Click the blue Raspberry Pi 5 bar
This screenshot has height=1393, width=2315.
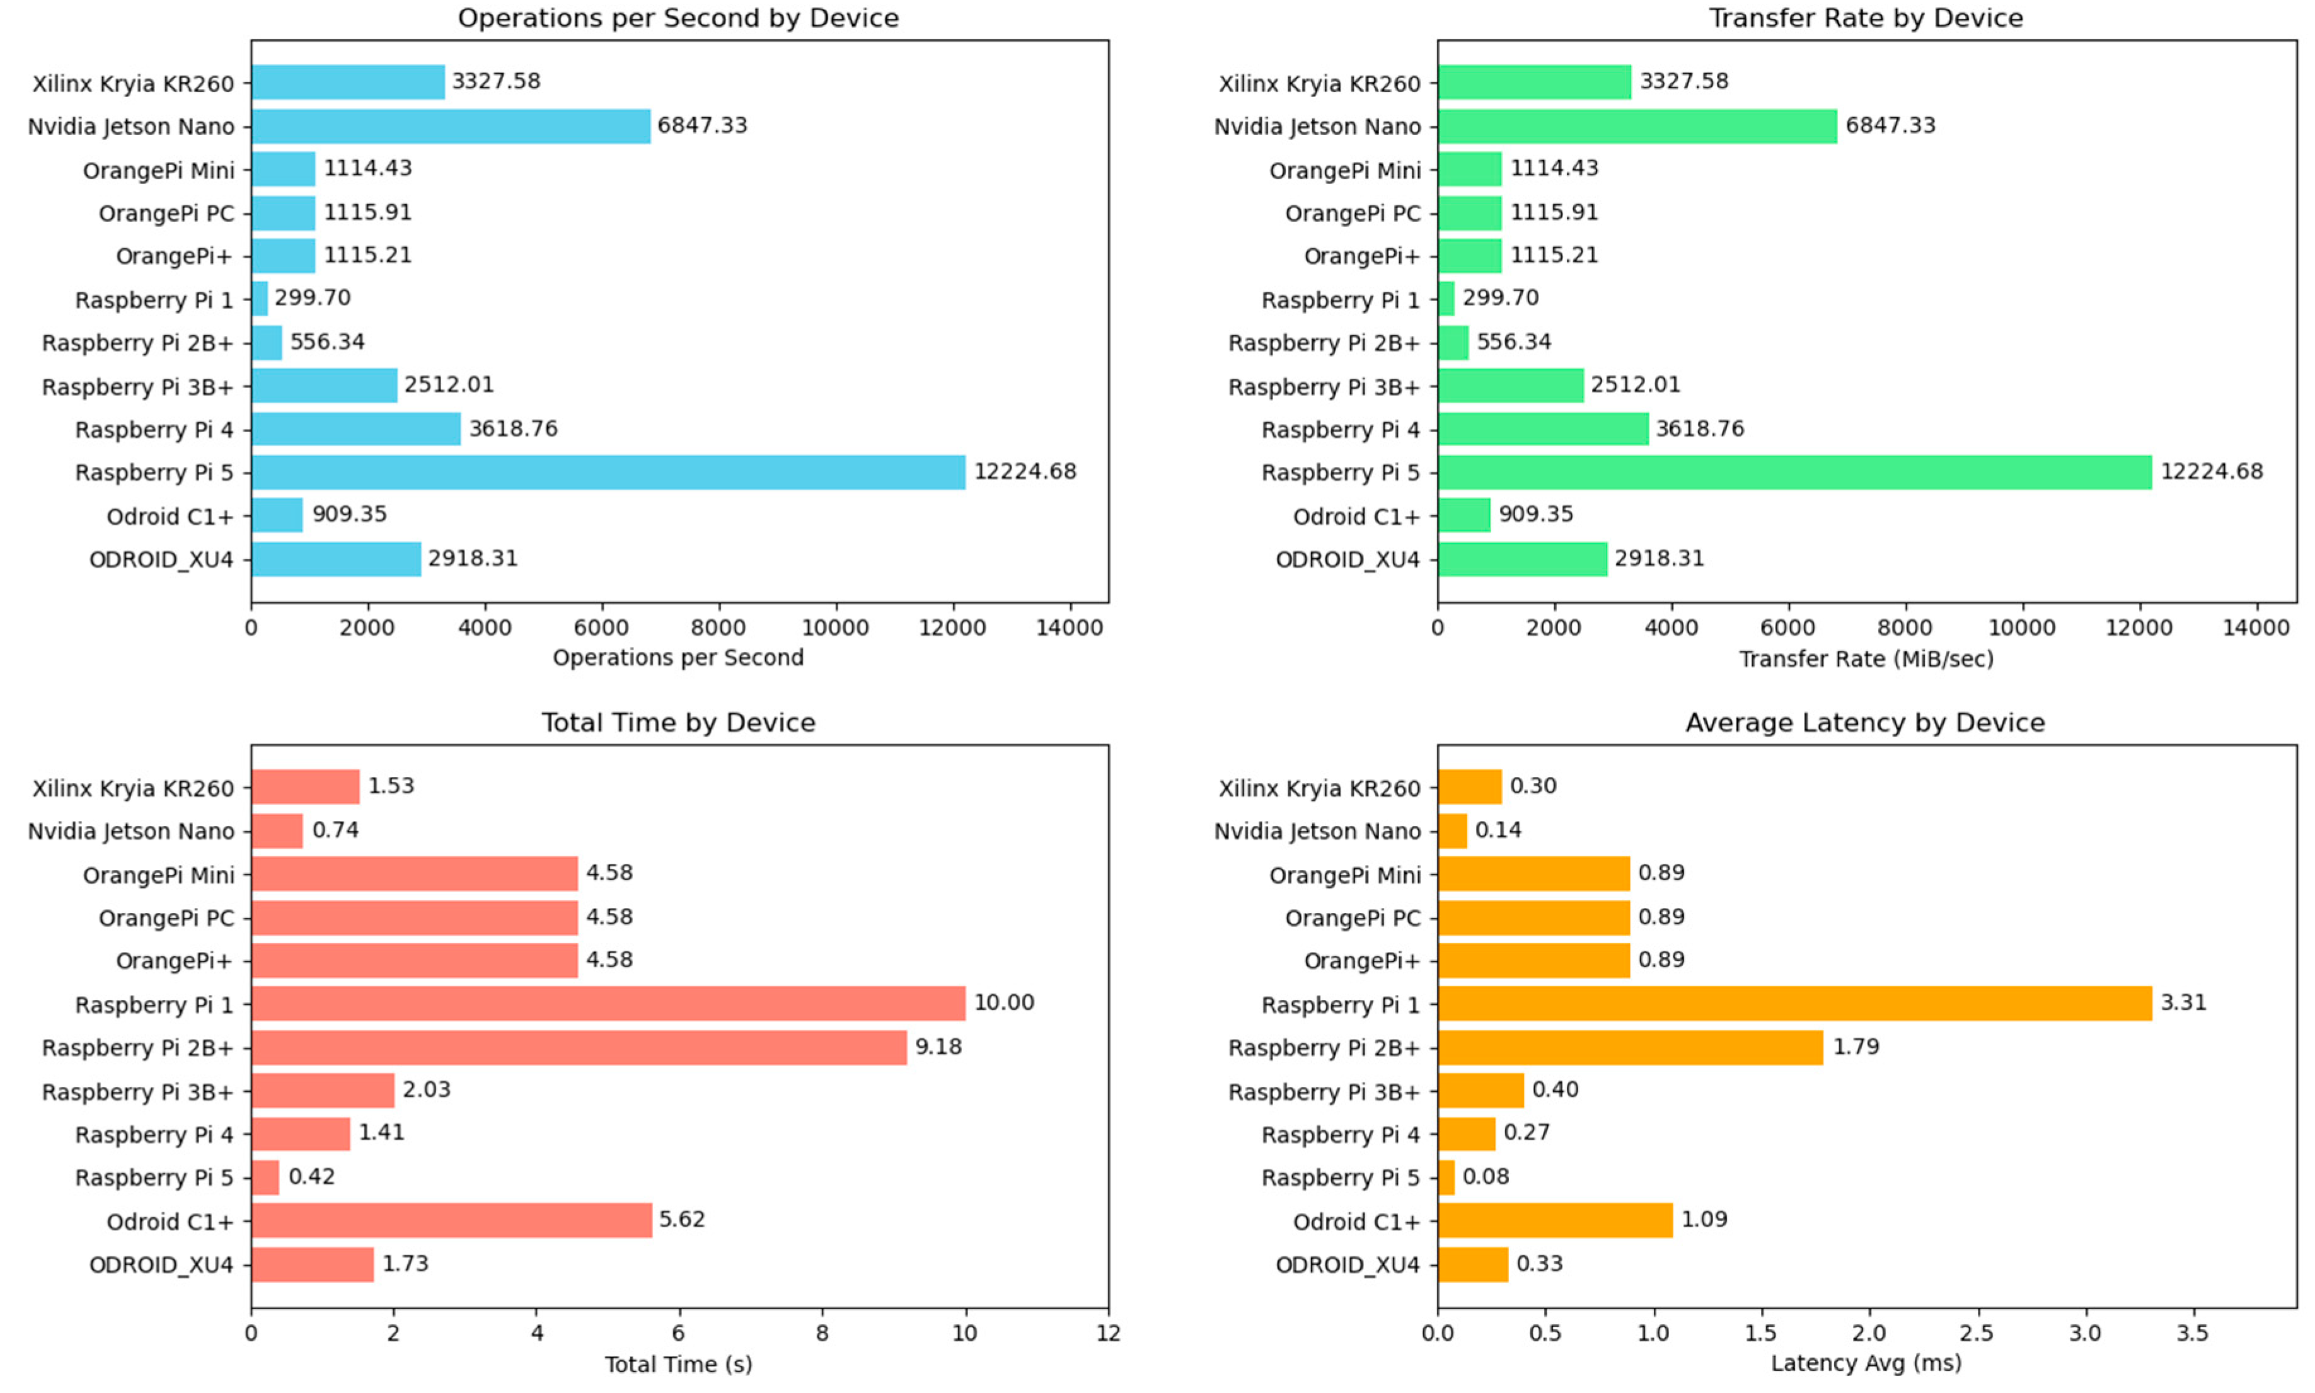coord(608,472)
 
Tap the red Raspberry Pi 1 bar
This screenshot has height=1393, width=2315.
coord(608,1004)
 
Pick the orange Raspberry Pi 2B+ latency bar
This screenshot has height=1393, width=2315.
coord(1630,1048)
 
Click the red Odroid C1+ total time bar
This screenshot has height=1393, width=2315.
coord(451,1220)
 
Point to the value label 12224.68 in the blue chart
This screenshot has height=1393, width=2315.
coord(1024,471)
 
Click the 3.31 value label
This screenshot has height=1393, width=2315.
coord(2183,1002)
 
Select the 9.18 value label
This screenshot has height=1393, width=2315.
coord(938,1046)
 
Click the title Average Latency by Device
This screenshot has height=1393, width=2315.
coord(1864,723)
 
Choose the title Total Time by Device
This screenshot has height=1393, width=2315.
coord(678,723)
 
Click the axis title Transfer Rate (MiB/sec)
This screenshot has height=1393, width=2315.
coord(1866,659)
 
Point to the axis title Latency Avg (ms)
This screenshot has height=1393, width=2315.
coord(1866,1363)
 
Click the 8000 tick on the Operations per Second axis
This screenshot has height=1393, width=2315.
coord(718,628)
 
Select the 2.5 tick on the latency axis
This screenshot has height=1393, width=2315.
coord(1977,1333)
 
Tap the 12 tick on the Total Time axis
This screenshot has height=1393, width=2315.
coord(1108,1333)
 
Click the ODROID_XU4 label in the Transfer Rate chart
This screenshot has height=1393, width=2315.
coord(1347,559)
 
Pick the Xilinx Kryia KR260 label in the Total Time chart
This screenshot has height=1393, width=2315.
coord(134,789)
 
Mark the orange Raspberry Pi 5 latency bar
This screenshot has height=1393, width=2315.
coord(1446,1177)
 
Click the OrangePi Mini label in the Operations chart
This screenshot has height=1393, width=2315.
coord(159,171)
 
